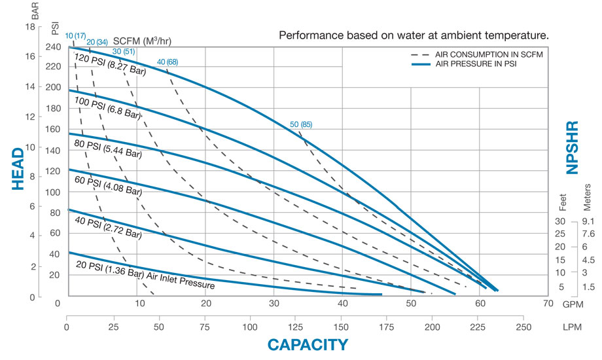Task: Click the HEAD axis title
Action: point(18,169)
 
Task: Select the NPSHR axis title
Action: point(573,147)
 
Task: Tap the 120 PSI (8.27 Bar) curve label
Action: point(111,65)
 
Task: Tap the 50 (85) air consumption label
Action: point(301,124)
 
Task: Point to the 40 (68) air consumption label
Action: point(167,62)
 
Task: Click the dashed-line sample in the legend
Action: point(421,54)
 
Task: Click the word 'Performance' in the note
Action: point(309,34)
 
